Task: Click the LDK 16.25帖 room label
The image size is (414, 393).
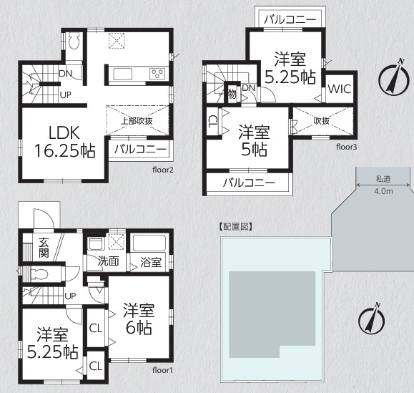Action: pyautogui.click(x=64, y=142)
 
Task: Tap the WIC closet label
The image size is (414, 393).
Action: pyautogui.click(x=340, y=89)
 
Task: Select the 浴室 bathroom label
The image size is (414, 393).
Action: pyautogui.click(x=150, y=263)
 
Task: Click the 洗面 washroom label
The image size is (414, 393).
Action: pyautogui.click(x=108, y=261)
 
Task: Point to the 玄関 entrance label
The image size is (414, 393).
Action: pyautogui.click(x=44, y=248)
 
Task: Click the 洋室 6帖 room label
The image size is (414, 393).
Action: pyautogui.click(x=139, y=319)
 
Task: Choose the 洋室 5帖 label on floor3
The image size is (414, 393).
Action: pyautogui.click(x=254, y=140)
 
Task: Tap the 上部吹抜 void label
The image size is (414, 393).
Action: pyautogui.click(x=137, y=121)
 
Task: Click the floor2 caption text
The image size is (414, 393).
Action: pyautogui.click(x=162, y=170)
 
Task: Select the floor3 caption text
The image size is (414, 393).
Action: pyautogui.click(x=346, y=147)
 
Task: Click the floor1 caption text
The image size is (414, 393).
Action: pyautogui.click(x=162, y=370)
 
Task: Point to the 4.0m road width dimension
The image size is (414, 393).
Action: pyautogui.click(x=383, y=191)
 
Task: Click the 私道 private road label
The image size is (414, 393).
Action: pyautogui.click(x=383, y=179)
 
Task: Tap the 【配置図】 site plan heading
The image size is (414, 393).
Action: pyautogui.click(x=235, y=227)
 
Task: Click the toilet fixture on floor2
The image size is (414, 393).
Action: pyautogui.click(x=74, y=41)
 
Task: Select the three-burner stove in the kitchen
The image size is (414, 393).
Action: pyautogui.click(x=157, y=74)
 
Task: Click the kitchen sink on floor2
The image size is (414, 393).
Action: pyautogui.click(x=122, y=74)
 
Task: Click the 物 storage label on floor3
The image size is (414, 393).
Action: pyautogui.click(x=232, y=94)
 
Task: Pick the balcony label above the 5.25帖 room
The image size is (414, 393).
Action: pyautogui.click(x=290, y=19)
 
